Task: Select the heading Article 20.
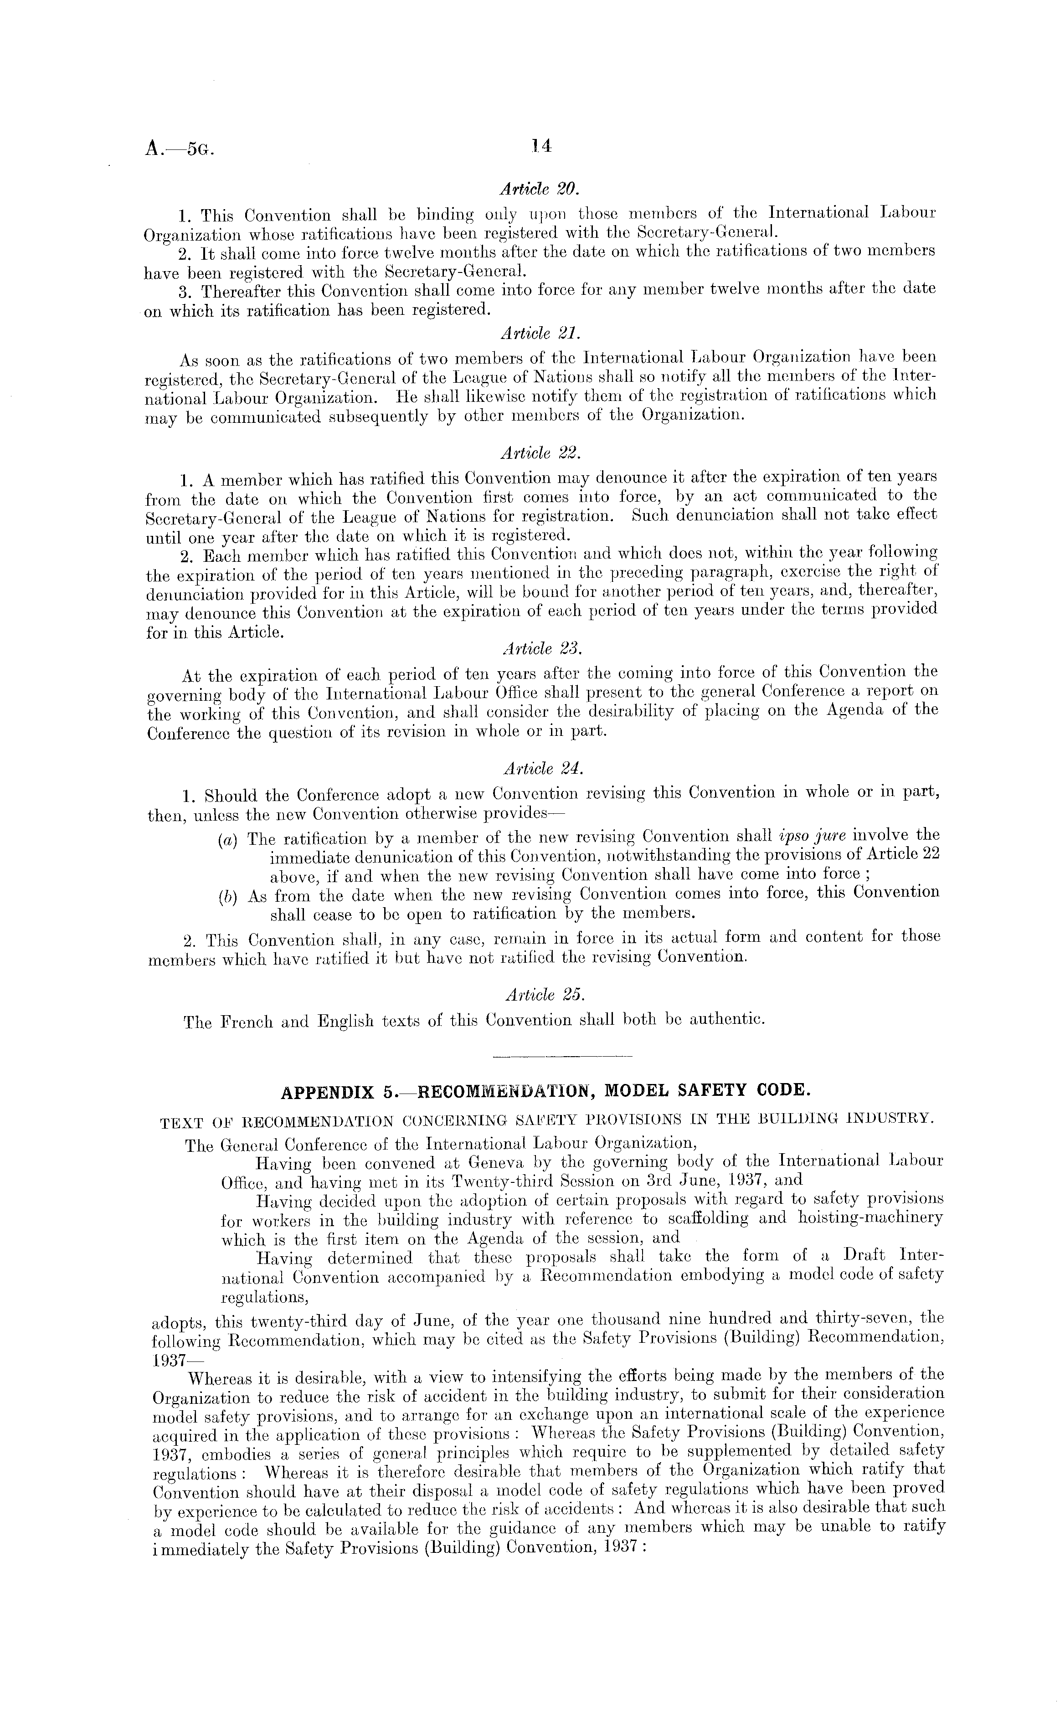point(539,189)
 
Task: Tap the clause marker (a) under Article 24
point(227,839)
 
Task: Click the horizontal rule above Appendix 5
point(563,1056)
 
